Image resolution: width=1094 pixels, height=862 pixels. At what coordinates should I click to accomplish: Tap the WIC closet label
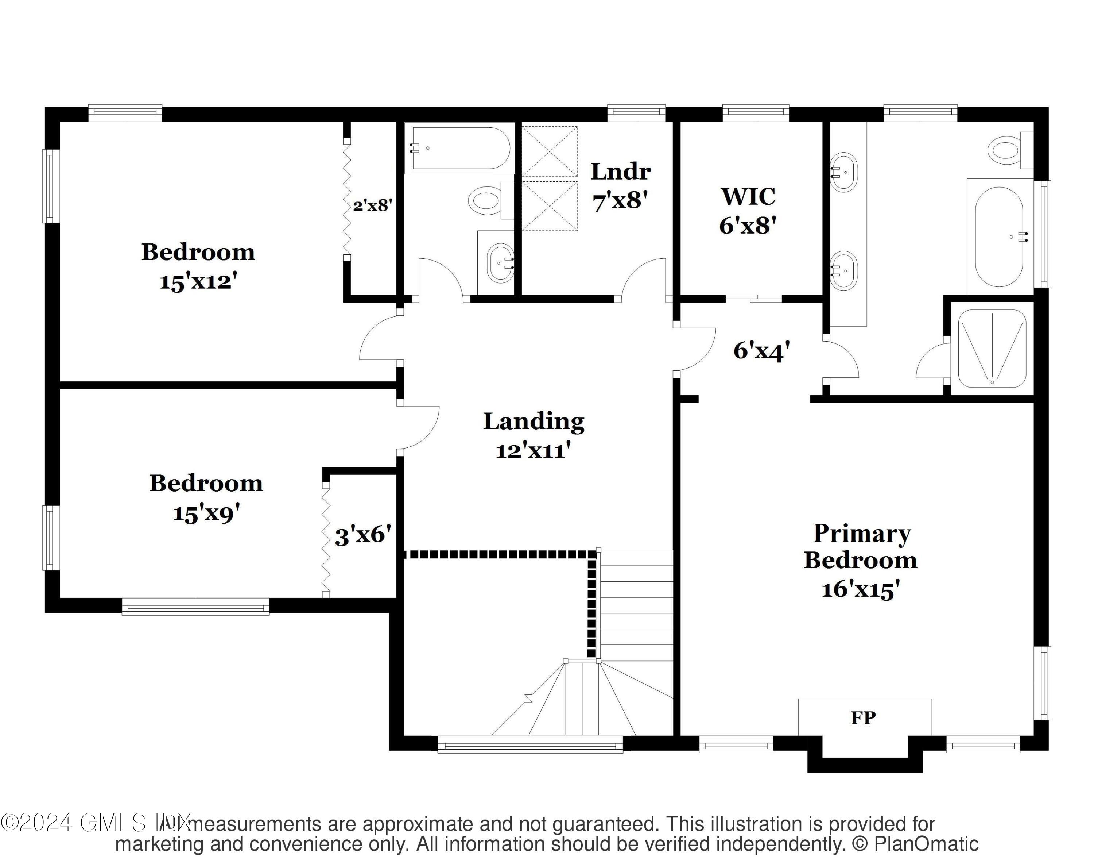pyautogui.click(x=748, y=197)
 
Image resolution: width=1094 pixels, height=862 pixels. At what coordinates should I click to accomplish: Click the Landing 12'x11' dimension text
pyautogui.click(x=533, y=451)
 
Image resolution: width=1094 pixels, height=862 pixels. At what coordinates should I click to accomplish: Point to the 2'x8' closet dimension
pyautogui.click(x=372, y=205)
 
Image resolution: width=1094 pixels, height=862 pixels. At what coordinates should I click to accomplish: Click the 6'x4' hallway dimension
pyautogui.click(x=761, y=351)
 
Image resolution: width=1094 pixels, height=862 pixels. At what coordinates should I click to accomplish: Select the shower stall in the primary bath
pyautogui.click(x=992, y=348)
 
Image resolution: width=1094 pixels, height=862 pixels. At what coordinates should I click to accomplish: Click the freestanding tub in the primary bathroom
pyautogui.click(x=999, y=237)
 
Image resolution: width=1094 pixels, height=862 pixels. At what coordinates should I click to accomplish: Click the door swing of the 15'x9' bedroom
pyautogui.click(x=419, y=427)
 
